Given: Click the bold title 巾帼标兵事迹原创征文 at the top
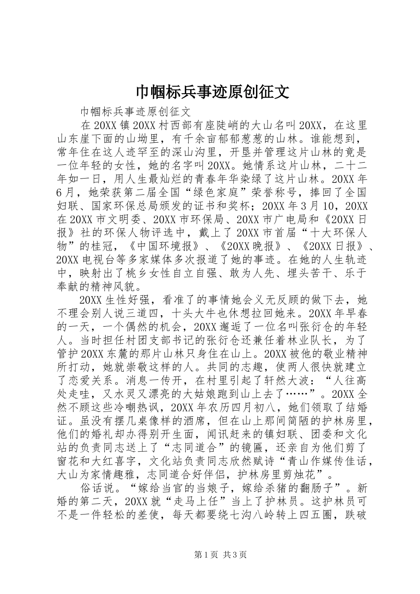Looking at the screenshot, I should (x=212, y=91).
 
